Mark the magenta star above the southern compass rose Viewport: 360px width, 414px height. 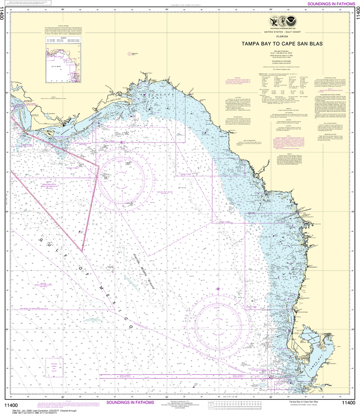point(218,289)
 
